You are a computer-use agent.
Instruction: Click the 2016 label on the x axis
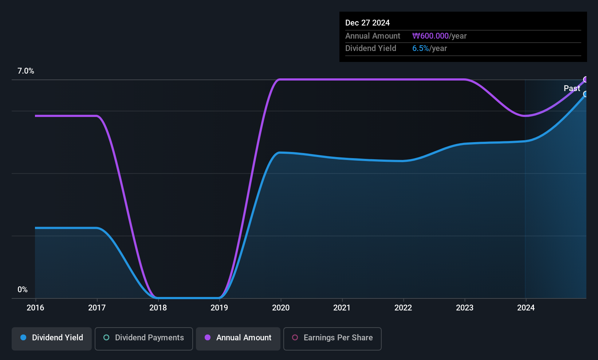35,308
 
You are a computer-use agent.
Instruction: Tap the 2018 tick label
158,308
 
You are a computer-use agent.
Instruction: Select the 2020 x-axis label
281,308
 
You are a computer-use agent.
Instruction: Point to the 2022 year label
404,308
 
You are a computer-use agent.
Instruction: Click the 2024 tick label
526,308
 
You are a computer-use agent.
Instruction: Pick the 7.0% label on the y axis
26,71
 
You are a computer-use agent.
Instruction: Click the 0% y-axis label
23,290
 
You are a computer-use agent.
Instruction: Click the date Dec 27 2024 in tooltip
367,23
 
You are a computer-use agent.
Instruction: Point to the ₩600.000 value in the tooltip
430,36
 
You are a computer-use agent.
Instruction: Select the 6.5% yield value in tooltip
421,48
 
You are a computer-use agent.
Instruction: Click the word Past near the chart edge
572,89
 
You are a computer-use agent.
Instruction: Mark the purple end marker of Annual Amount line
585,79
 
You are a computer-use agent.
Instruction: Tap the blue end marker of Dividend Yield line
585,94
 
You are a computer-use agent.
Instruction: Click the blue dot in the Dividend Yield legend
24,337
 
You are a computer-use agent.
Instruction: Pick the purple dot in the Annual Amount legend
208,337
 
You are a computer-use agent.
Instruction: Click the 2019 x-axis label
220,308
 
